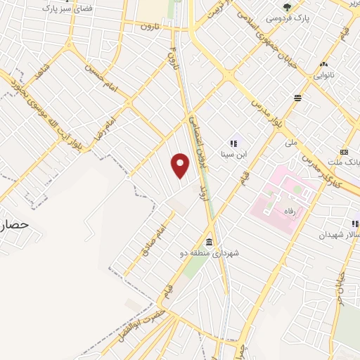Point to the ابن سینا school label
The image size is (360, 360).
233,152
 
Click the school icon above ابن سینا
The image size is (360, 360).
233,142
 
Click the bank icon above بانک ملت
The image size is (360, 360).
344,151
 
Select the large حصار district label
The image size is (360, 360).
13,224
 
